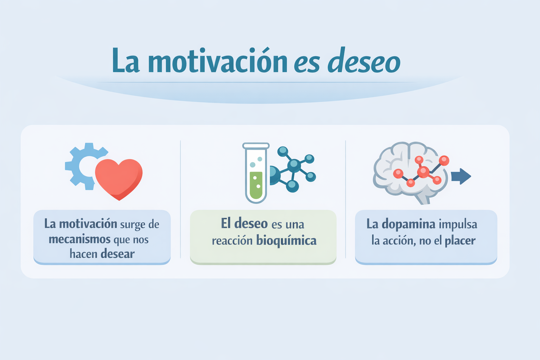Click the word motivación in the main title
(x=218, y=60)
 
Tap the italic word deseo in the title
(x=364, y=60)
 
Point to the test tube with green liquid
(x=256, y=173)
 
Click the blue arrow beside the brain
(x=461, y=176)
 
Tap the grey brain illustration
(x=410, y=173)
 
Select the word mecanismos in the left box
(x=79, y=239)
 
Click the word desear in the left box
(x=118, y=254)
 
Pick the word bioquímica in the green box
(x=287, y=240)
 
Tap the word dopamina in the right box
(x=409, y=225)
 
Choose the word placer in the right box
(x=460, y=241)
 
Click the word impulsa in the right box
(x=458, y=225)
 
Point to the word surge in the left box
(x=132, y=225)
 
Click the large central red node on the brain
(x=423, y=172)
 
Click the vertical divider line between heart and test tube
(x=181, y=199)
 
